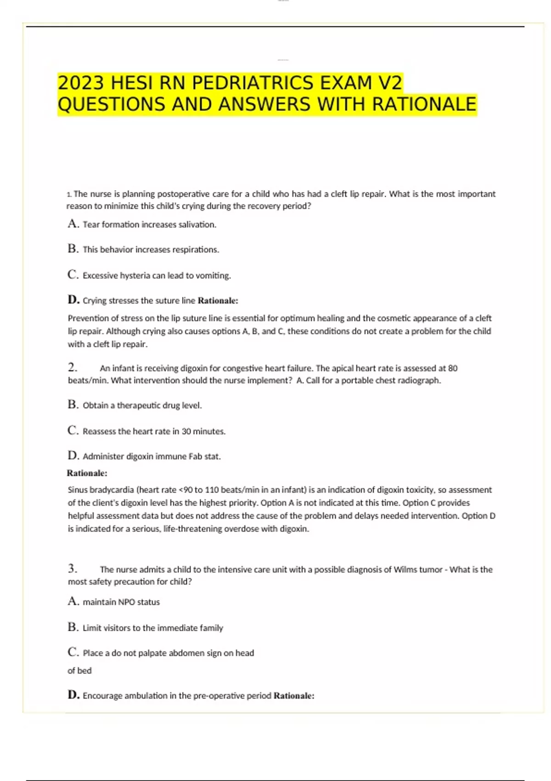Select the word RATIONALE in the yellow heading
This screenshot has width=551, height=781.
point(424,104)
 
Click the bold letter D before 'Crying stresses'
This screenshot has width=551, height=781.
point(73,300)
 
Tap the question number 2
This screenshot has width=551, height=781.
point(72,368)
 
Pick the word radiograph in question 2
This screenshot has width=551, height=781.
point(419,380)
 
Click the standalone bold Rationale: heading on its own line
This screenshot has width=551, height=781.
point(87,473)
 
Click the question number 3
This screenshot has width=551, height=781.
point(72,569)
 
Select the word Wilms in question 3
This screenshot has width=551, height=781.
point(405,570)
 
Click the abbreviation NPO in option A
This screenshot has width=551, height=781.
point(126,602)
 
